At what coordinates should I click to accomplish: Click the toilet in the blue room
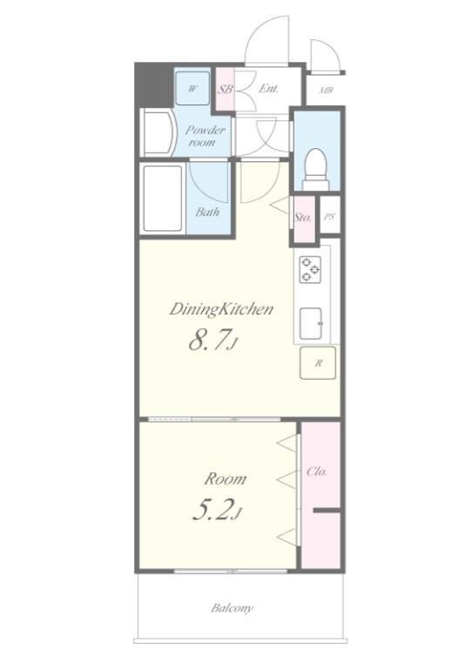(x=316, y=169)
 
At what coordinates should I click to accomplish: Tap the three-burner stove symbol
(x=310, y=269)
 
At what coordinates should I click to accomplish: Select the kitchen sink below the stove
(x=311, y=323)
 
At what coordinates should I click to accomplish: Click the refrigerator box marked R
(x=318, y=363)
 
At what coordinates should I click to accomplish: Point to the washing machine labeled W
(x=193, y=88)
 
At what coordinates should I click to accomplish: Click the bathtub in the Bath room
(x=163, y=199)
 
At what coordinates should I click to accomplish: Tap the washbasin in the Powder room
(x=158, y=132)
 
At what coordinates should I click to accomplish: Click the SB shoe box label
(x=226, y=90)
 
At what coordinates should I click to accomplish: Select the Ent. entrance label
(x=268, y=89)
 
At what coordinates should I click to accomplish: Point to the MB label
(x=327, y=91)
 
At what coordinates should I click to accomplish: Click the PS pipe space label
(x=329, y=216)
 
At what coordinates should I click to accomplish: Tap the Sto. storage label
(x=303, y=217)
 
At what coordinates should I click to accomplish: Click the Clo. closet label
(x=317, y=471)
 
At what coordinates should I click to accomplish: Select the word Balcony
(x=232, y=608)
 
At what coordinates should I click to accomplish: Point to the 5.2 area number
(x=217, y=510)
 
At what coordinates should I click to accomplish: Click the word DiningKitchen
(x=221, y=309)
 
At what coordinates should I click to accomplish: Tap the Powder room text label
(x=206, y=136)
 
